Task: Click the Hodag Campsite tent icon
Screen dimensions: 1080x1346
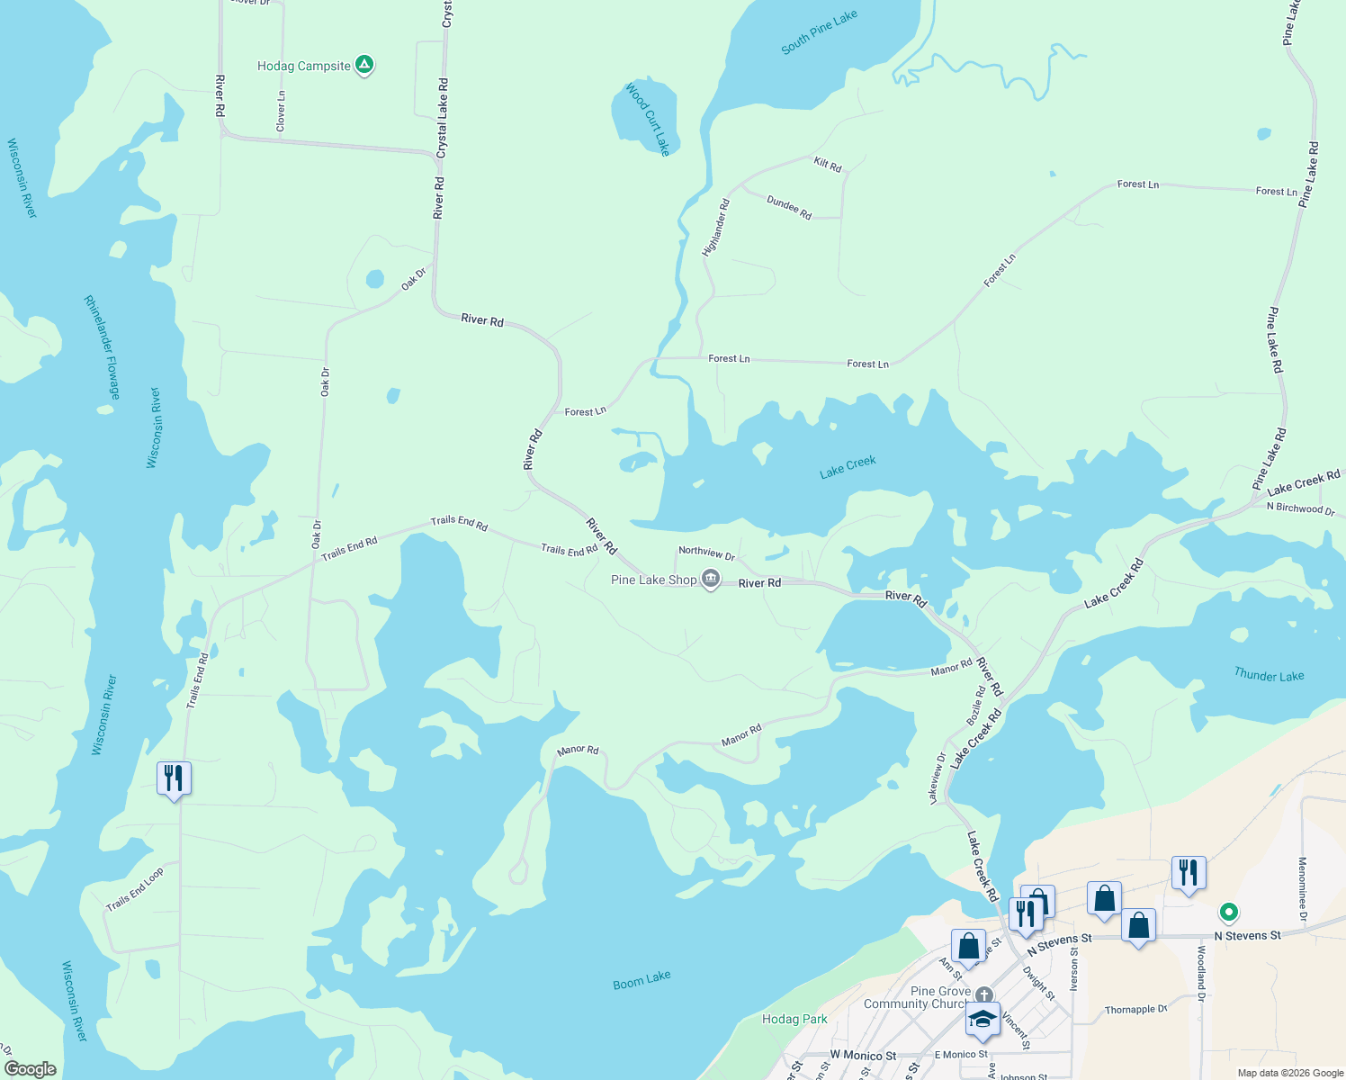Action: (364, 65)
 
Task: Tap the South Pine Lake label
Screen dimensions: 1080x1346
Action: (819, 32)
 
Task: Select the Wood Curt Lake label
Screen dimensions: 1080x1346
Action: (648, 120)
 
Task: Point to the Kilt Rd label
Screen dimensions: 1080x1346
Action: (827, 165)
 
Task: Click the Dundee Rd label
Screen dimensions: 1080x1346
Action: (789, 208)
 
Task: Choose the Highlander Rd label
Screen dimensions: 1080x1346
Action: (716, 228)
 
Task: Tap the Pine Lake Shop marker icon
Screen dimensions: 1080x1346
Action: (711, 580)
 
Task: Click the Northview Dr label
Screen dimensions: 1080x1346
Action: (706, 552)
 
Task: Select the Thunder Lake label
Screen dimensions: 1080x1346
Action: (1269, 675)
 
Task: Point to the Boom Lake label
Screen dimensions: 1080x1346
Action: (642, 980)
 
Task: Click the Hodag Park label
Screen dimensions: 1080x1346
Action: (794, 1019)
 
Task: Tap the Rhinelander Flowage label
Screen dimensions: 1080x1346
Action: (102, 347)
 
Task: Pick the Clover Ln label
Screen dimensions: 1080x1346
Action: (281, 111)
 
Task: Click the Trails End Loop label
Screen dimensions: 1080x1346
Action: (135, 889)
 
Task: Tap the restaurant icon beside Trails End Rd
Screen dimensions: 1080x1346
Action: (174, 778)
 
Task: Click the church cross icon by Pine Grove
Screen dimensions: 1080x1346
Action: (984, 994)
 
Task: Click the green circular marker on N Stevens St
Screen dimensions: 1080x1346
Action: (1228, 913)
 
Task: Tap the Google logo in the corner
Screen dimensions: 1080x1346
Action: (31, 1069)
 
